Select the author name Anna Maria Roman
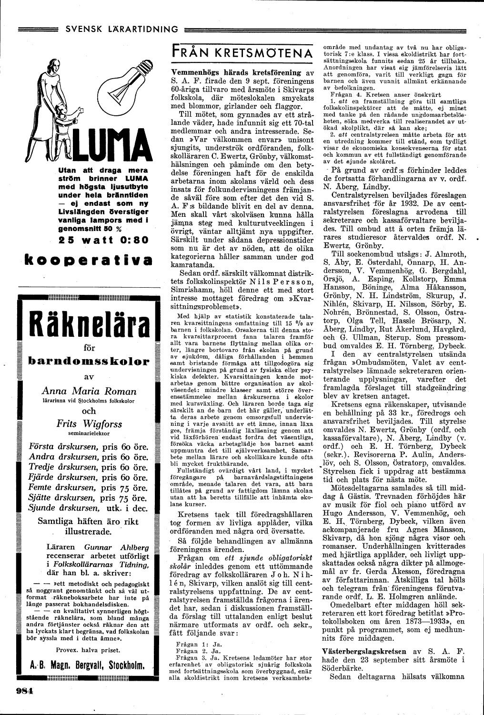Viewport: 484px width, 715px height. coord(89,391)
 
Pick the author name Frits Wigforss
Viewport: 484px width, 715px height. coord(89,423)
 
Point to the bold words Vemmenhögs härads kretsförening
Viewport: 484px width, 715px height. coord(236,73)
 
